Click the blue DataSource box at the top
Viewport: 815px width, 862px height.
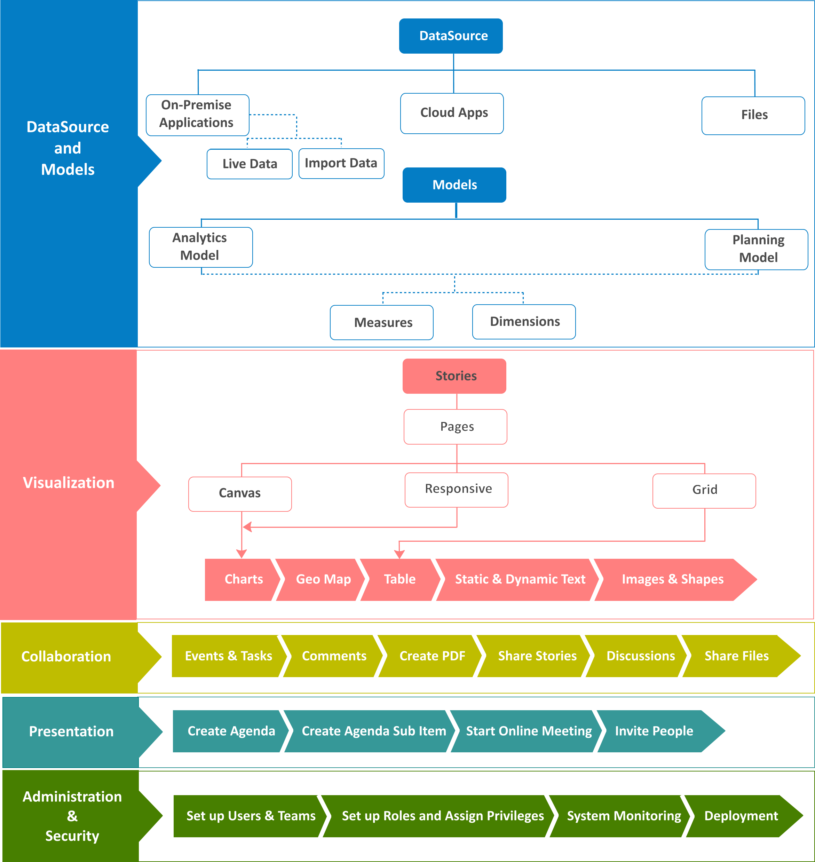coord(451,36)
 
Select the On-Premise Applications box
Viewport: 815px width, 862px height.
coord(198,115)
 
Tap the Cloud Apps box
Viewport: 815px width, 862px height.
coord(452,113)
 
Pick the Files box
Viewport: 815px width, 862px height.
coord(753,116)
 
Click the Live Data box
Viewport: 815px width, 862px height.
coord(250,164)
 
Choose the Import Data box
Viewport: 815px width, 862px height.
coord(341,163)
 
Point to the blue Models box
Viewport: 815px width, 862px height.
coord(454,185)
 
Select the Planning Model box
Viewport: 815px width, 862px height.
coord(756,250)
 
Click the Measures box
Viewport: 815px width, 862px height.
coord(382,322)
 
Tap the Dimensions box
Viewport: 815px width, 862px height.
coord(524,322)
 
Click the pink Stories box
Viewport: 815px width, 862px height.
coord(454,376)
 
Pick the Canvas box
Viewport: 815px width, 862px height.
coord(240,494)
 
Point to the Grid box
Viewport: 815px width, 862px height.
coord(704,491)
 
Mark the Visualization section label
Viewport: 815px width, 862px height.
coord(69,483)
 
